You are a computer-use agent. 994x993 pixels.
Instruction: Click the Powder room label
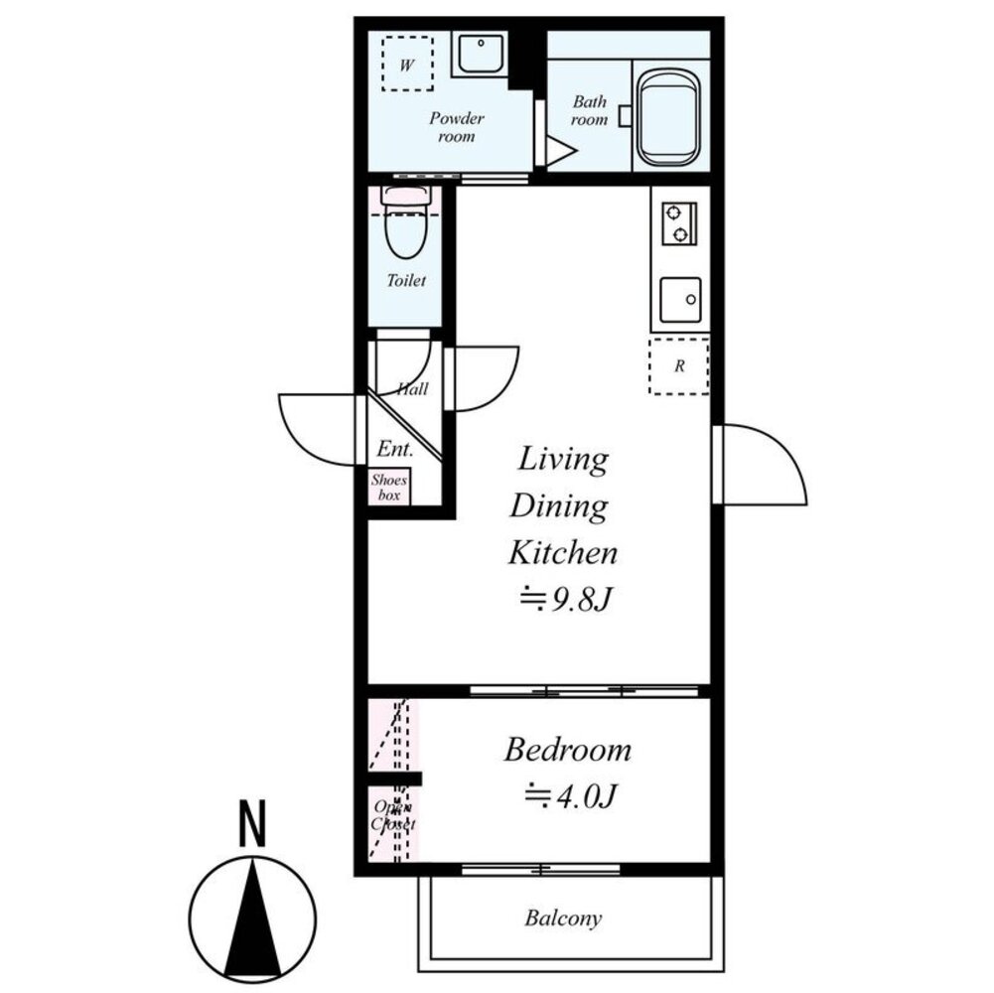457,127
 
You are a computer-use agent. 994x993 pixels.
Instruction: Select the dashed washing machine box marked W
407,64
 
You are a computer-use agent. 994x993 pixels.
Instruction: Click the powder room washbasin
481,55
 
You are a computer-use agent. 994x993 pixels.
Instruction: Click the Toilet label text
406,280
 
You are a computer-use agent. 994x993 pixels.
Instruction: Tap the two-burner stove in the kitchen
679,223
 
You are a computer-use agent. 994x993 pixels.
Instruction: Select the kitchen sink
680,300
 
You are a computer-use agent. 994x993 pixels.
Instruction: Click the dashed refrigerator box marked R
678,366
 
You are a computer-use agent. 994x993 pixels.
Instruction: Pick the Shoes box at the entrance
389,487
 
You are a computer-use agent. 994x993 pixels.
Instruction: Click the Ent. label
395,449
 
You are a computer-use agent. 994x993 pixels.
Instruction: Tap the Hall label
413,388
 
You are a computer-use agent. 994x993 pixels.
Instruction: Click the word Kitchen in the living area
562,552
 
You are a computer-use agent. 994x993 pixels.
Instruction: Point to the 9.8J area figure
566,599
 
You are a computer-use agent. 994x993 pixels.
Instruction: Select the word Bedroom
567,750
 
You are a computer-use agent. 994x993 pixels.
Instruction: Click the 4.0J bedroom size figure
571,795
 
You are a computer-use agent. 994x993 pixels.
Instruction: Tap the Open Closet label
393,815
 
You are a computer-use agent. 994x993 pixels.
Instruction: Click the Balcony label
563,919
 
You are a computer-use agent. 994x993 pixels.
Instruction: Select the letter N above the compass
252,823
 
